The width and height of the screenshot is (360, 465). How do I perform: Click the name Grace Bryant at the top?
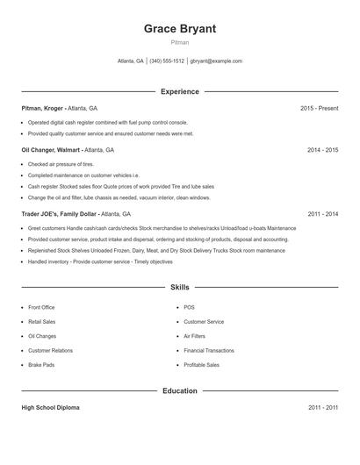[179, 28]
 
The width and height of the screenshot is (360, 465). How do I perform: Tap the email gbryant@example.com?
[216, 61]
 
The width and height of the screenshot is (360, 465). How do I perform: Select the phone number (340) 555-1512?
[167, 61]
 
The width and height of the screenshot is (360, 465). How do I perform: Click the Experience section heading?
[179, 91]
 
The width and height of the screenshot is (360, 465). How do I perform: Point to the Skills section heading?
[179, 287]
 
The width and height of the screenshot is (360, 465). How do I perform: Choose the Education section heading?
[179, 390]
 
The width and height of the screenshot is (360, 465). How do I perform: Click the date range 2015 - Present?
[319, 108]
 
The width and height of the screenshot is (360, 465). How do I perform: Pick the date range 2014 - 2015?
[322, 150]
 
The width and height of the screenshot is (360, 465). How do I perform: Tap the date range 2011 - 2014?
[322, 213]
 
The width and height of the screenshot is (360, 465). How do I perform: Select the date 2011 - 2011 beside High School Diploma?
[322, 408]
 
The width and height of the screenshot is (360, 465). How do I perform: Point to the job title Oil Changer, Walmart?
[52, 150]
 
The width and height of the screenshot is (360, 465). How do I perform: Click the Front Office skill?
[41, 308]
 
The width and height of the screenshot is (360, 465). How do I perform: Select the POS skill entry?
[189, 308]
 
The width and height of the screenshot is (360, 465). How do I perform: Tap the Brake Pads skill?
[40, 365]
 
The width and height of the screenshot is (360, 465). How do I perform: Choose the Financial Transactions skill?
[209, 351]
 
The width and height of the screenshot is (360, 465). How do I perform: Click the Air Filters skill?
[194, 336]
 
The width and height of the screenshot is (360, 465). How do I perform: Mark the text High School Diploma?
[51, 408]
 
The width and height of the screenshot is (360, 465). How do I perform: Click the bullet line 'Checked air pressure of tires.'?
[61, 164]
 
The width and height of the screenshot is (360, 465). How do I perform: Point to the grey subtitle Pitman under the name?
[179, 42]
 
